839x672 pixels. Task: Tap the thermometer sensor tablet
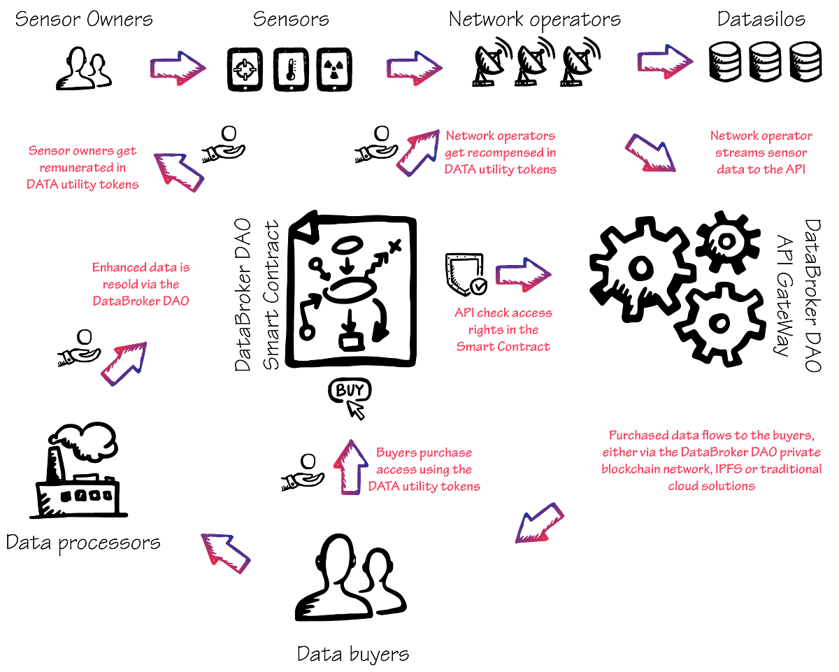coord(291,69)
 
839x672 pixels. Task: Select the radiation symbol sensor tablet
coord(334,69)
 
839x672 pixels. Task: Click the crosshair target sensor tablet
coord(245,69)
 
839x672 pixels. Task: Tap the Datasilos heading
coord(761,19)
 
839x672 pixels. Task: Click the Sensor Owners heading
coord(84,19)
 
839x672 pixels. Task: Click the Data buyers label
coord(353,655)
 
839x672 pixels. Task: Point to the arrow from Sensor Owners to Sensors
coord(178,69)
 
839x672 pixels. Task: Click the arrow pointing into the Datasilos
coord(665,62)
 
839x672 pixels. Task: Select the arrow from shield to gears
coord(523,275)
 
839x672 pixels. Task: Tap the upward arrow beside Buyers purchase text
coord(351,467)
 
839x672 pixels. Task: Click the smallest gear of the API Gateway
coord(728,242)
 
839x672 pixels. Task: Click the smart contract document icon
coord(351,289)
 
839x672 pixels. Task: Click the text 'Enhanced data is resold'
coord(141,276)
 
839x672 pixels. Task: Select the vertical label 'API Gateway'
coord(783,296)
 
